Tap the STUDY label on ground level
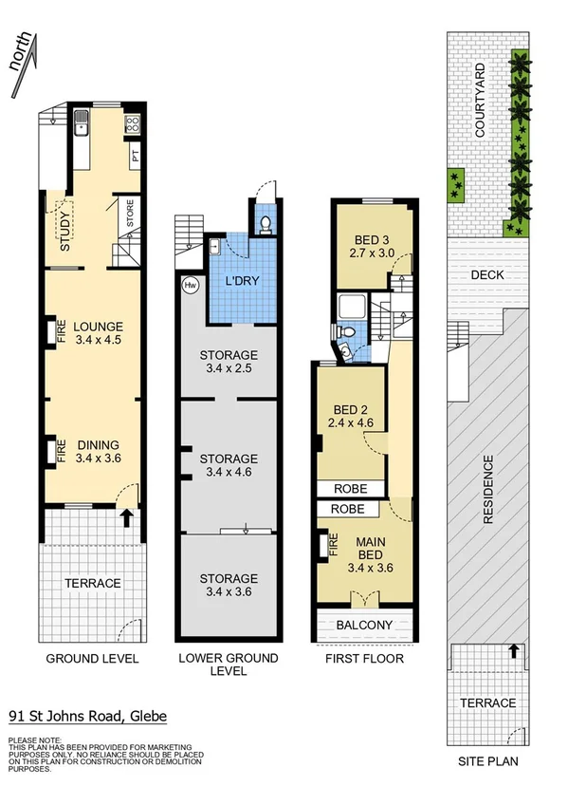tap(65, 231)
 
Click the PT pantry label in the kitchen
tap(137, 157)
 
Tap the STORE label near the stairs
tap(132, 216)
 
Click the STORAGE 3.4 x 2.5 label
tap(228, 363)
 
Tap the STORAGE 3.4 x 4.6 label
tap(228, 465)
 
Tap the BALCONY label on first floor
tap(365, 625)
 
